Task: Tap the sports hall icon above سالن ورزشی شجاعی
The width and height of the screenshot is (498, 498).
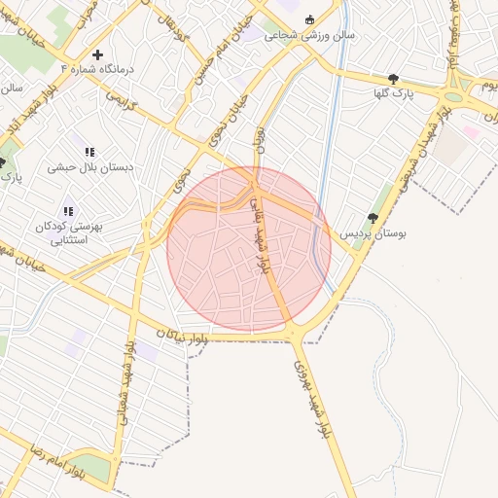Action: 310,19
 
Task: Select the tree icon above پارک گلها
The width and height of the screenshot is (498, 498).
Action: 393,79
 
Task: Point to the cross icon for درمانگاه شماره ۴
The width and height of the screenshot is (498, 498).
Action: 97,54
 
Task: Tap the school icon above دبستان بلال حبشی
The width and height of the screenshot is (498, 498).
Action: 89,152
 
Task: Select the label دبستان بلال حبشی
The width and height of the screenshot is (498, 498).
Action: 89,167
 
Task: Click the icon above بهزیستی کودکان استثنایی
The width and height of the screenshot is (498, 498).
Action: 68,211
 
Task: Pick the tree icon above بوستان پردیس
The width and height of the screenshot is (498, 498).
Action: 373,219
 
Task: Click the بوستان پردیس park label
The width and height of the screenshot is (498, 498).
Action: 373,234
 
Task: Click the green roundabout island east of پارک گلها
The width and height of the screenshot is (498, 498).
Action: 452,96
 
